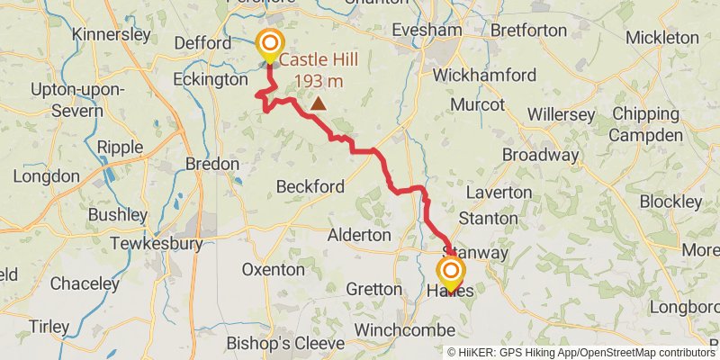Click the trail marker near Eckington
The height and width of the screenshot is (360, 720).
click(269, 43)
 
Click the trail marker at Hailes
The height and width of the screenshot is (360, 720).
click(450, 271)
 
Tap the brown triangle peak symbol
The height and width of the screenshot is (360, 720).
click(318, 103)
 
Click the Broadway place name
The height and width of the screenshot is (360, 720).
click(540, 155)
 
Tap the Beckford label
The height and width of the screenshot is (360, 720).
click(310, 186)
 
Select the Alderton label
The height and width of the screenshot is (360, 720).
click(359, 234)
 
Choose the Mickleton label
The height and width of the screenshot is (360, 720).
click(661, 37)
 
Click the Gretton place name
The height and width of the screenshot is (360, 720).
click(373, 289)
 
